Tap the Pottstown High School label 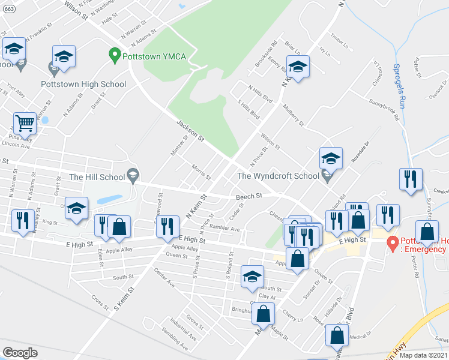click(x=83, y=84)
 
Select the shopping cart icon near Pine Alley click(x=25, y=123)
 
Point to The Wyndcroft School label click(x=278, y=176)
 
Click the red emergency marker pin click(x=393, y=243)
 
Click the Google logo click(x=20, y=352)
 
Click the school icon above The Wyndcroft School click(x=330, y=159)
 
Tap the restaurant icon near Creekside click(x=411, y=179)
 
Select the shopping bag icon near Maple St click(x=263, y=313)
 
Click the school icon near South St click(x=253, y=277)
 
